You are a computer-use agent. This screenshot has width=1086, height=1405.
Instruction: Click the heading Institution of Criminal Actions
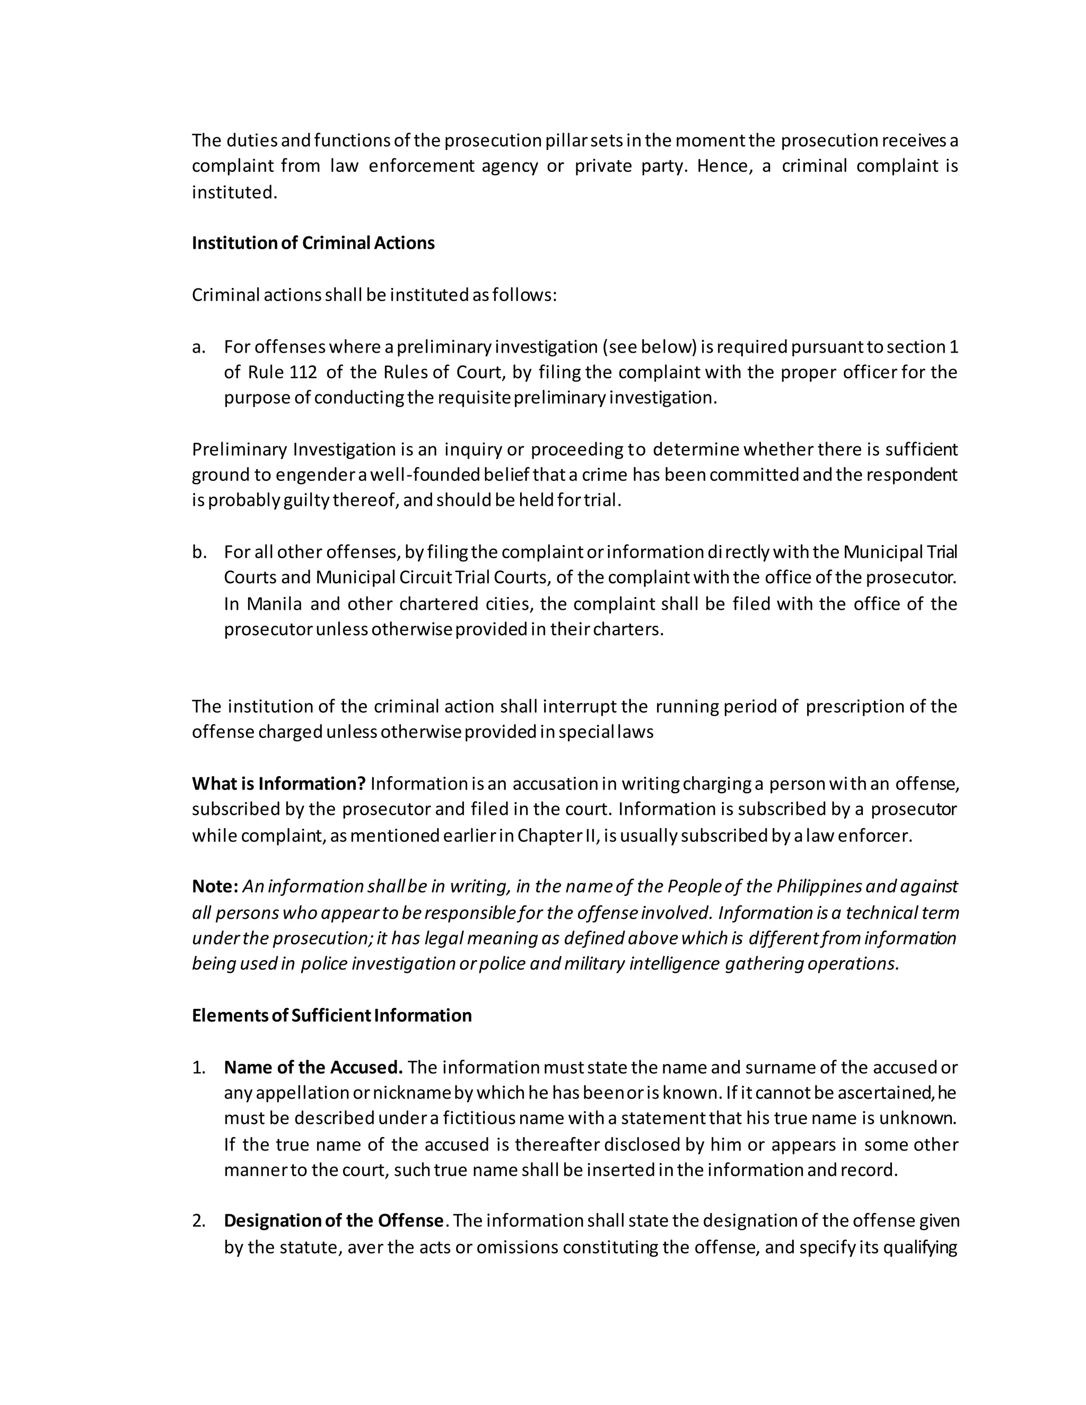tap(313, 243)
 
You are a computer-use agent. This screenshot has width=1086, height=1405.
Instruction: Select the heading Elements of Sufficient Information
tap(331, 1015)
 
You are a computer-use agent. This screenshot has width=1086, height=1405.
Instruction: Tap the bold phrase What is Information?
tap(278, 784)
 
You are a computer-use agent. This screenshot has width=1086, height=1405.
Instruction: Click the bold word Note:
tap(215, 886)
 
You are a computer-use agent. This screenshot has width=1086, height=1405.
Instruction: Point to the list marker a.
tap(199, 347)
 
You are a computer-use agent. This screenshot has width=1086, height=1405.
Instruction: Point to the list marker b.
tap(199, 552)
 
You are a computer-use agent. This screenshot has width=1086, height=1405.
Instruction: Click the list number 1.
tap(199, 1067)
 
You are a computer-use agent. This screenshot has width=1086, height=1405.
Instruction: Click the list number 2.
tap(199, 1221)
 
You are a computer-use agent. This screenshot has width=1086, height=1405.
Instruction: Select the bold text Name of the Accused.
tap(313, 1067)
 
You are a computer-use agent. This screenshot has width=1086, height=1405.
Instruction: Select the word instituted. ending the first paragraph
tap(234, 192)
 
